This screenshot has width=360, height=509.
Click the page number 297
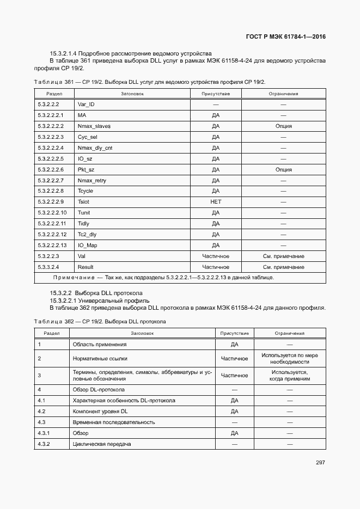coord(320,463)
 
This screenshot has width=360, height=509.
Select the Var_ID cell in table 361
coord(87,104)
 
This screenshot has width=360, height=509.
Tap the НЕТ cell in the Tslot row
coord(216,202)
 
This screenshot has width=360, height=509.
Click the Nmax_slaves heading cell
coord(94,126)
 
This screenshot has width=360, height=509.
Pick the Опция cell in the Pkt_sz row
coord(283,169)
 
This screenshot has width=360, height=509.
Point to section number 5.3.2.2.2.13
coord(52,245)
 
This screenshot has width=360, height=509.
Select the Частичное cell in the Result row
coord(216,267)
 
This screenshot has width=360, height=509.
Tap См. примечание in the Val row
coord(283,256)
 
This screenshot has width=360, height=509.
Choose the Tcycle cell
coord(86,191)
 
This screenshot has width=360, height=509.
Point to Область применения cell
coord(100,344)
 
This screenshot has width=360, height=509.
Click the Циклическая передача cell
coord(101,444)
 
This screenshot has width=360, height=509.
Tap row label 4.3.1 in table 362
coord(44,433)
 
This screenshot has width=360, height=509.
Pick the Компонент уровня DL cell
coord(100,411)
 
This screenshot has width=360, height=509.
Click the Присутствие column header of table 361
coord(216,94)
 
